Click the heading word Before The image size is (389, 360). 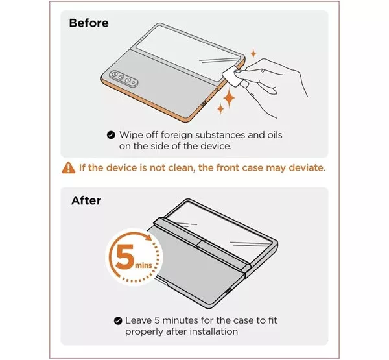point(89,23)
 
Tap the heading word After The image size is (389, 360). point(86,200)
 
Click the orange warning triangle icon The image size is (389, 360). point(69,167)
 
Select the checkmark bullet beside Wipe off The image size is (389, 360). point(111,135)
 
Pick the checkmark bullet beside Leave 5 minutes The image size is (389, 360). point(118,320)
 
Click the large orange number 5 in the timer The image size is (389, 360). point(125,258)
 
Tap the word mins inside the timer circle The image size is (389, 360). point(143,265)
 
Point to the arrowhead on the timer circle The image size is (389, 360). point(149,237)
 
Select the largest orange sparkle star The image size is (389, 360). point(229,99)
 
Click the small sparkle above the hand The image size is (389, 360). point(253,54)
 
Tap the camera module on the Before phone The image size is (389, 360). point(123,78)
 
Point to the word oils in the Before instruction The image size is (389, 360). point(275,135)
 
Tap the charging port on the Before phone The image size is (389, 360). point(204,104)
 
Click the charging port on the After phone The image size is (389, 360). point(228,290)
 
